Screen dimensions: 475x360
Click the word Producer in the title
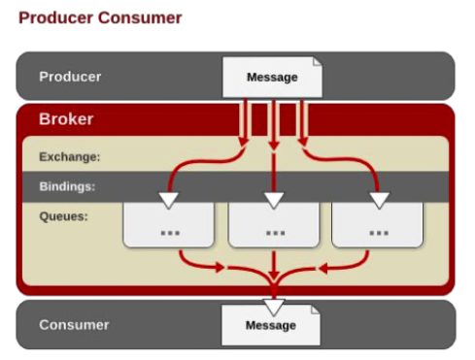[x=56, y=17]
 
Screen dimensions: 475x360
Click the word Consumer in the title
[x=140, y=17]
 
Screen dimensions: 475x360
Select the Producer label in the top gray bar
[x=70, y=77]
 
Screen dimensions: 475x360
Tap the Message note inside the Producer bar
[x=272, y=77]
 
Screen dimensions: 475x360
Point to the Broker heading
[x=66, y=119]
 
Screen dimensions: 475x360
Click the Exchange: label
[x=70, y=157]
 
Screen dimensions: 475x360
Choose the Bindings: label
[x=67, y=186]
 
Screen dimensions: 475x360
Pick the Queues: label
[x=63, y=216]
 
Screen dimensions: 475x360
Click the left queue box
[x=168, y=225]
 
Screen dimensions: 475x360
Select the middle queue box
[x=274, y=225]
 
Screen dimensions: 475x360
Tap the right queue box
[x=377, y=225]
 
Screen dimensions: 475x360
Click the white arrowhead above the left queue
[x=169, y=200]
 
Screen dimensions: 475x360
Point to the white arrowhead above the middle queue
[x=274, y=200]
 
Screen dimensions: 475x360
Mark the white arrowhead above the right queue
[x=380, y=200]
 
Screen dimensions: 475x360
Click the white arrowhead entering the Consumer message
[x=274, y=307]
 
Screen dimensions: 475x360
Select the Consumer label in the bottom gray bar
[x=74, y=325]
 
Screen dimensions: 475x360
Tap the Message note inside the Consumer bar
[x=271, y=325]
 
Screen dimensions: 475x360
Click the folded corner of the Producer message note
[x=318, y=62]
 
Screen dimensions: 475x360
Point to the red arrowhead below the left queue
[x=221, y=267]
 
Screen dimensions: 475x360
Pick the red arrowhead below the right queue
[x=323, y=269]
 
